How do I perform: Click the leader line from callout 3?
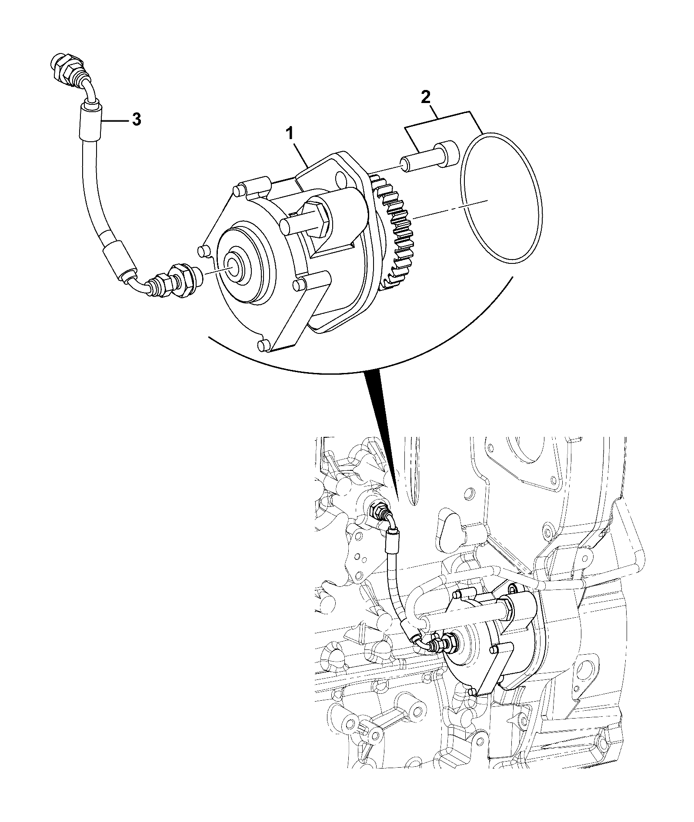[115, 121]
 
